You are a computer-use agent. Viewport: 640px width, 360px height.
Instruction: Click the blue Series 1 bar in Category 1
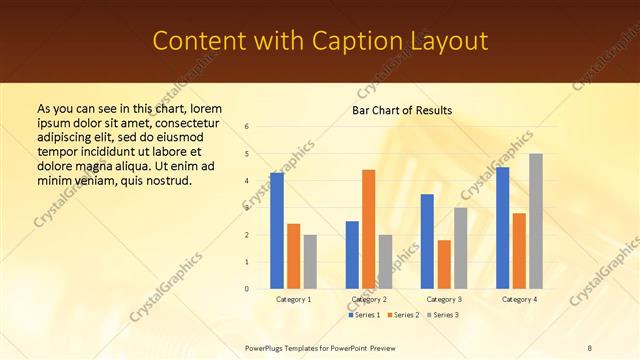[x=277, y=231]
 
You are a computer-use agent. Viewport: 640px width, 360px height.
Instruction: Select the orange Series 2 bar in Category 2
[x=368, y=229]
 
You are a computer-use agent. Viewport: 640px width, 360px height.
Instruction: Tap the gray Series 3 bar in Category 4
[x=535, y=221]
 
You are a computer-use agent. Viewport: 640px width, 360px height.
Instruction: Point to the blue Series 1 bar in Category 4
[x=503, y=228]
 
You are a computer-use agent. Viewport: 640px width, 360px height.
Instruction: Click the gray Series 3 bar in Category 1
[x=309, y=262]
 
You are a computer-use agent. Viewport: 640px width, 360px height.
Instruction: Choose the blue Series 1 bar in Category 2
[x=352, y=255]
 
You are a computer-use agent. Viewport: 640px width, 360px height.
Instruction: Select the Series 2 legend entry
[x=402, y=315]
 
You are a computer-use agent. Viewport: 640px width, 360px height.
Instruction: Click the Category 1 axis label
[x=293, y=299]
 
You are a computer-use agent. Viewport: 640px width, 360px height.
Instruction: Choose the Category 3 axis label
[x=444, y=299]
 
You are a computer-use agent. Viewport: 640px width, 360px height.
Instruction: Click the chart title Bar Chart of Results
[x=402, y=110]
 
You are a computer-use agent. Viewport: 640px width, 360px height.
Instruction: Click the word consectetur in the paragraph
[x=183, y=121]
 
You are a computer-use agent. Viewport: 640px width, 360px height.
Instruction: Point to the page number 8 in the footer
[x=590, y=347]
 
